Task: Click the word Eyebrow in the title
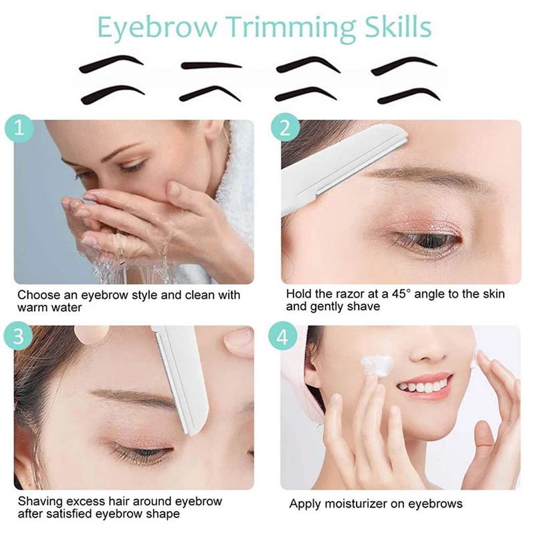tap(157, 27)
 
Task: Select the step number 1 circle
tap(19, 128)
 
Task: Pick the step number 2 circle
tap(286, 128)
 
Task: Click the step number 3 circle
tap(19, 336)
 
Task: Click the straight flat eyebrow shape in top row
tap(211, 66)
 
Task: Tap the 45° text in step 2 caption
tap(400, 294)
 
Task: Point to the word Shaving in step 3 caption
tap(40, 502)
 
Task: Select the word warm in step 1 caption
tap(31, 308)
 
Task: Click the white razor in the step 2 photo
tap(341, 167)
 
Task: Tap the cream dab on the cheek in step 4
tap(375, 366)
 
